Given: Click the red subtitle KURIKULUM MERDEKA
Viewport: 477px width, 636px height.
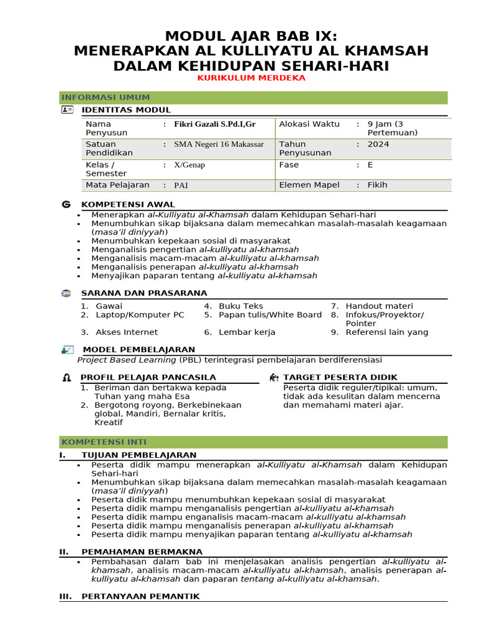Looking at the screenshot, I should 251,78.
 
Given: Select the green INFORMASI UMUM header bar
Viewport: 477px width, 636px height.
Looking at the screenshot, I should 253,98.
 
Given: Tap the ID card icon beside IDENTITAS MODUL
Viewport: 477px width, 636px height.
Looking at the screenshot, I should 67,110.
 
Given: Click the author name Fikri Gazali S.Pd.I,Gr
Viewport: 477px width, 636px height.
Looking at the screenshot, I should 215,124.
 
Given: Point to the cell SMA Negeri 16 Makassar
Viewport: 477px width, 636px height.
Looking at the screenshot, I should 219,144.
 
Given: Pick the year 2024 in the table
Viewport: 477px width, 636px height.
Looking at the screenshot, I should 378,144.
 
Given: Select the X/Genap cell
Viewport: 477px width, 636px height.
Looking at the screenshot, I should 189,165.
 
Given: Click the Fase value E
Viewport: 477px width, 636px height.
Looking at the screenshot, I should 370,165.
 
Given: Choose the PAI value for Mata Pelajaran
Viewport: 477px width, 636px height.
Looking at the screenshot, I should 181,185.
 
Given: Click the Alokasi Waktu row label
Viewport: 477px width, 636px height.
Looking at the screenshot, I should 309,124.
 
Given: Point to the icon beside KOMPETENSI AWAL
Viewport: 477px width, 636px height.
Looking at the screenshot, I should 66,204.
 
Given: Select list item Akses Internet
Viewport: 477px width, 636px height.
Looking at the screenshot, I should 127,332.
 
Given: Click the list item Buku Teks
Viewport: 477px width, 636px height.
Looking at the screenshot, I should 241,306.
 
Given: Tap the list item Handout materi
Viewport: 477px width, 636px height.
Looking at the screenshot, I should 379,306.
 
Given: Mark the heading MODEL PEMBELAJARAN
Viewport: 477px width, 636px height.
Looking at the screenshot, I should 139,350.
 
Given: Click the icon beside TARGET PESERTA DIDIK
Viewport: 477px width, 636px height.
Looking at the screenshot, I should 274,378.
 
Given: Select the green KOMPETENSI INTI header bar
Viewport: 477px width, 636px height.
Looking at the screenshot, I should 253,442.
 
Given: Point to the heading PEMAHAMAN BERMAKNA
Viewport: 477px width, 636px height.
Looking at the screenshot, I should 142,552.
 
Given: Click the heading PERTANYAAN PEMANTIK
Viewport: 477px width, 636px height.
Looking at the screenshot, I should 140,596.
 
